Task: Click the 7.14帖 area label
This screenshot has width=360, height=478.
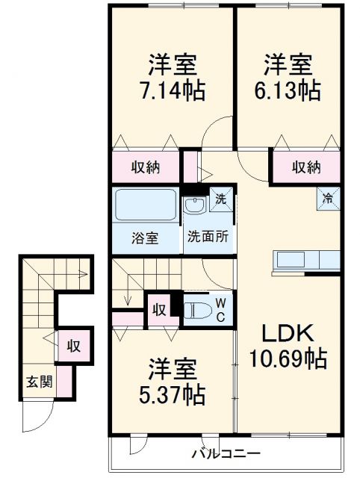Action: tap(173, 91)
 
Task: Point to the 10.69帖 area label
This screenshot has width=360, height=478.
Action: tap(288, 359)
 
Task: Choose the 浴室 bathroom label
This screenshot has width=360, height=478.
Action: tap(146, 238)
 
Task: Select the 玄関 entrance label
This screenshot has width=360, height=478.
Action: tap(40, 382)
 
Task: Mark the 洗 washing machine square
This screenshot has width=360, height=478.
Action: tap(220, 199)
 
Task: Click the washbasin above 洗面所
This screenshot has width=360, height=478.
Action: tap(196, 205)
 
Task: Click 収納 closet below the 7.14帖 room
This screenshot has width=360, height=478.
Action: tap(146, 167)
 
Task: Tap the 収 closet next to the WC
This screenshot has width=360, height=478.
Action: tap(158, 309)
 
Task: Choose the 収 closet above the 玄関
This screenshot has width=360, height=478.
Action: tap(72, 345)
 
